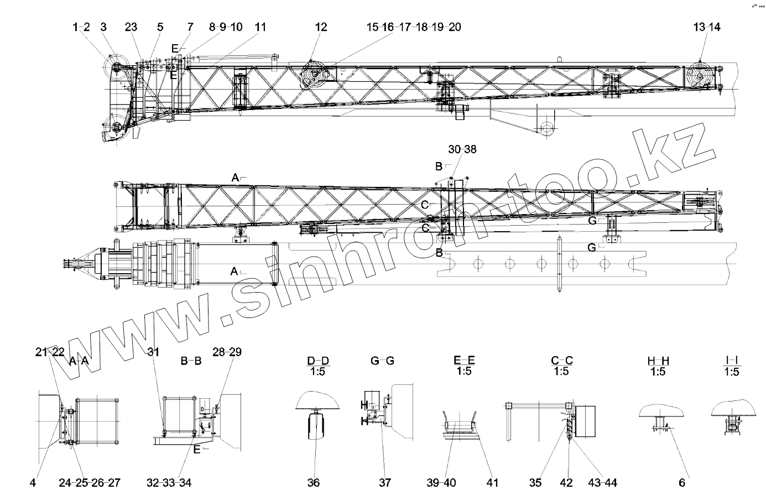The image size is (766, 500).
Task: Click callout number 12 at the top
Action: point(321,27)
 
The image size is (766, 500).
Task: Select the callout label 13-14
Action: point(707,27)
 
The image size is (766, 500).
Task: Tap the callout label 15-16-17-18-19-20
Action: point(414,27)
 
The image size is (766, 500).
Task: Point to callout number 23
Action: point(131,27)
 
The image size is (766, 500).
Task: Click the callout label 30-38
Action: point(462,149)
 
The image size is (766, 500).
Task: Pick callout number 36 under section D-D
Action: point(314,483)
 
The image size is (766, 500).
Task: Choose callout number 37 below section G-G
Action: point(385,483)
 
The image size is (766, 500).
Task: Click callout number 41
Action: point(492,483)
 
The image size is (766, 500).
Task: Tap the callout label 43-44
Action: point(603,483)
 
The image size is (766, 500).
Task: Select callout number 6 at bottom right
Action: point(682,483)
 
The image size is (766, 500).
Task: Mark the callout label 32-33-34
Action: point(170,483)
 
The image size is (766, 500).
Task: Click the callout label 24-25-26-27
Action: point(90,483)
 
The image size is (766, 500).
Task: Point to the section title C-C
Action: point(561,361)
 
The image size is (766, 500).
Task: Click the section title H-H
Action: point(658,361)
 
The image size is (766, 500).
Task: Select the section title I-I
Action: point(731,361)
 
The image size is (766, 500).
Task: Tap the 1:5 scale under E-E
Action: point(464,372)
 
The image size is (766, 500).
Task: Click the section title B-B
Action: point(191,361)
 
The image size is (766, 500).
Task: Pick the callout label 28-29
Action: point(228,352)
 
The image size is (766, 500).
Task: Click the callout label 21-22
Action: point(50,352)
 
